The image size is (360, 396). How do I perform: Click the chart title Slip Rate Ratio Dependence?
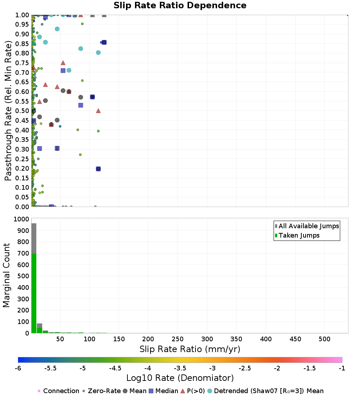pyautogui.click(x=180, y=6)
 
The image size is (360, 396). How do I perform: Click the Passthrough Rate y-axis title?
pyautogui.click(x=8, y=111)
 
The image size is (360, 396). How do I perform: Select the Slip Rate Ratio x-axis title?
pyautogui.click(x=190, y=349)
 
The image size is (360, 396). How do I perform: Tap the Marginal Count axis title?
pyautogui.click(x=6, y=275)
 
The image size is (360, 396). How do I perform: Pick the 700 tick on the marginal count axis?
pyautogui.click(x=23, y=253)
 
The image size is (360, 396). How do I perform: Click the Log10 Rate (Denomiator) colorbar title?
pyautogui.click(x=180, y=378)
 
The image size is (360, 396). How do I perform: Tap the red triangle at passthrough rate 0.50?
pyautogui.click(x=98, y=111)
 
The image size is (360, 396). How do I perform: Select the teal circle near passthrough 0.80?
pyautogui.click(x=98, y=53)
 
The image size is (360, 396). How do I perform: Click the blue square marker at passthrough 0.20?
pyautogui.click(x=98, y=169)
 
